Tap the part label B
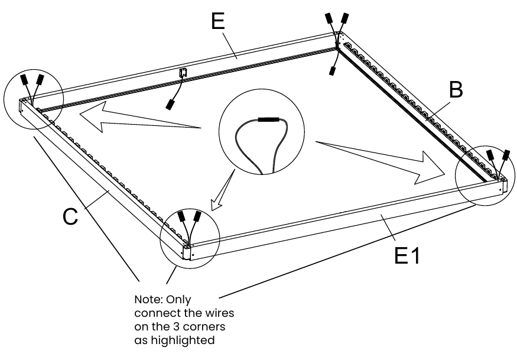(456, 89)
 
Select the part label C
(70, 216)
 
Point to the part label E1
(408, 255)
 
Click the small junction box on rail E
(183, 73)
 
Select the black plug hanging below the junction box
(170, 104)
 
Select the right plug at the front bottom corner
(197, 216)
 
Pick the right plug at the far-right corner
(506, 155)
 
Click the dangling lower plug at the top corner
(332, 71)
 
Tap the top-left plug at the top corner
(329, 18)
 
